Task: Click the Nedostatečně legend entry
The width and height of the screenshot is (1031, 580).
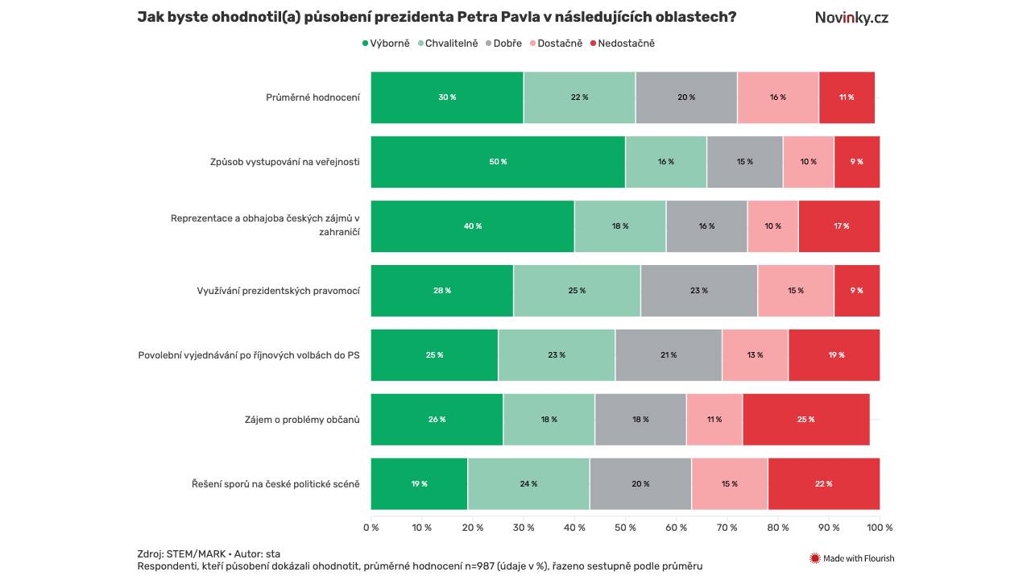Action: pos(623,43)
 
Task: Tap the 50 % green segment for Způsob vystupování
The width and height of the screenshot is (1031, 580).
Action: pos(498,162)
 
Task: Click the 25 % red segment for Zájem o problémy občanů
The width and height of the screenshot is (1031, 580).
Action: pos(805,420)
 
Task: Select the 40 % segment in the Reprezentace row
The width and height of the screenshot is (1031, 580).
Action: pos(472,226)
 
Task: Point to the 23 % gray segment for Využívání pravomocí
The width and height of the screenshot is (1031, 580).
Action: pos(698,291)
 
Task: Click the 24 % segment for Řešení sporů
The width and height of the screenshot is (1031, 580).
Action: pos(528,484)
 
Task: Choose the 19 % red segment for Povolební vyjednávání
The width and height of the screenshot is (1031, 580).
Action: pos(835,355)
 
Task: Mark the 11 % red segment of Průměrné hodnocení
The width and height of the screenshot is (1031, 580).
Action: pos(846,97)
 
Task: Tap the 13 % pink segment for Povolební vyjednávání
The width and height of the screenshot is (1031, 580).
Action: pos(755,355)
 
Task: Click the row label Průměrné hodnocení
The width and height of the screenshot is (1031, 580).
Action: pos(313,97)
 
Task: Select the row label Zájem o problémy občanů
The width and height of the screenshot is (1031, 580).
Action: pos(302,420)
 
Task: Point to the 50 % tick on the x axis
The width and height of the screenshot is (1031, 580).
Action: pos(625,528)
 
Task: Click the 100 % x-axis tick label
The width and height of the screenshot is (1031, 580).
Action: pos(879,528)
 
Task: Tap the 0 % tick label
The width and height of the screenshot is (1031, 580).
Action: pos(371,528)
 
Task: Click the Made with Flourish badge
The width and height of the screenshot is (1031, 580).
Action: pos(851,558)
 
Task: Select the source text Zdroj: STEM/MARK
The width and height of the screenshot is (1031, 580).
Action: pos(181,553)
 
